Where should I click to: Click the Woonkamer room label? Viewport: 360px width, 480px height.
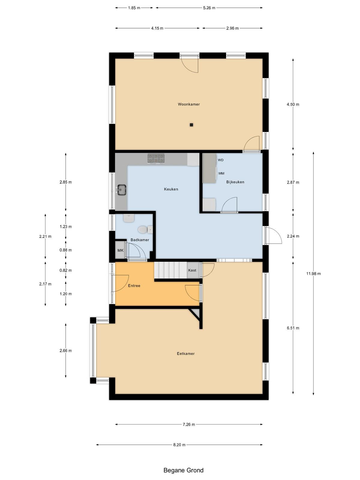189,104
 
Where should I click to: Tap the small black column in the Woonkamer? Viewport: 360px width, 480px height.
191,125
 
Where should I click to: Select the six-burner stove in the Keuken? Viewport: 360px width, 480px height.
156,158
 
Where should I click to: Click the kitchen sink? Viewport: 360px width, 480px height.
121,189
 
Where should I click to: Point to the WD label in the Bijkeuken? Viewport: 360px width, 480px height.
220,160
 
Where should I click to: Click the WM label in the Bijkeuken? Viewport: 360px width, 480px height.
221,173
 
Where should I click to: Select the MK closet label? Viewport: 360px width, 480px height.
120,250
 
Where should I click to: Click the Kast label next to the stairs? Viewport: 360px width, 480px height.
192,270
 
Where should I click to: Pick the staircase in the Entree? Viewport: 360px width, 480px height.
171,270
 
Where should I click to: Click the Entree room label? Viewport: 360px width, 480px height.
134,286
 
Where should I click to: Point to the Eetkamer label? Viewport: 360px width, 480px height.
186,354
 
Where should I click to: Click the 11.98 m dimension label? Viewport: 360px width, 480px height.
313,274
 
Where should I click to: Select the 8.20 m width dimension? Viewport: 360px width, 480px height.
179,445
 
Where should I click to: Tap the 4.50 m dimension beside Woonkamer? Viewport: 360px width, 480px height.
293,104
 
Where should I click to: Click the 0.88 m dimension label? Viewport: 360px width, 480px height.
66,250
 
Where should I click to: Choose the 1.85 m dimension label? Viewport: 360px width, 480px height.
134,8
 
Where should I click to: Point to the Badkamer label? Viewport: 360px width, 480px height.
140,240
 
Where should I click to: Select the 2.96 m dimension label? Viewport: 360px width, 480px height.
232,28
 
